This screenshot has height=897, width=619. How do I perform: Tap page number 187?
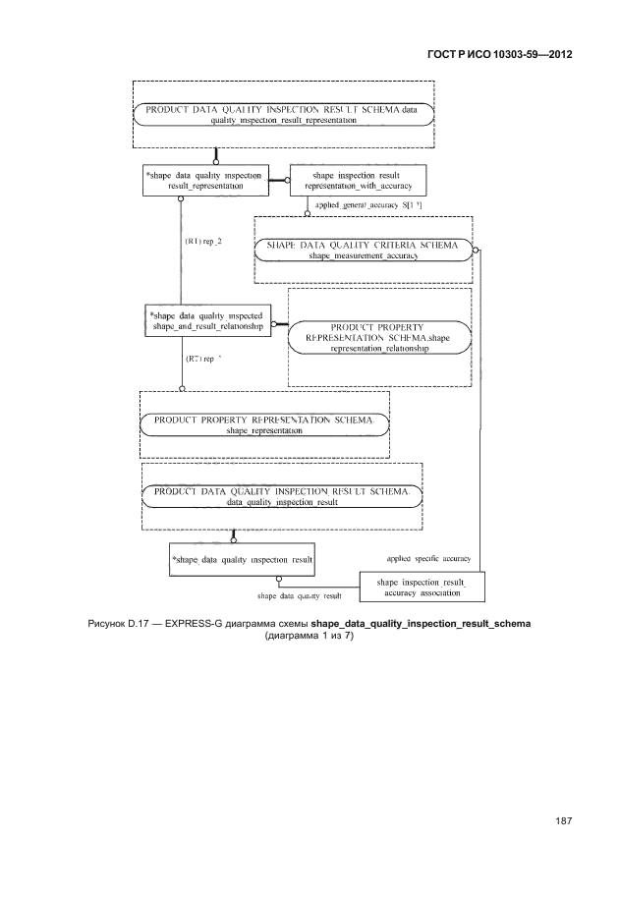pos(561,820)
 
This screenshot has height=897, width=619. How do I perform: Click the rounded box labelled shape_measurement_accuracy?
pos(364,250)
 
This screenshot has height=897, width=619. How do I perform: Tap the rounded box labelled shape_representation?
pos(264,425)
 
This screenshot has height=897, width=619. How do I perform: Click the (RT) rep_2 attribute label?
pos(202,239)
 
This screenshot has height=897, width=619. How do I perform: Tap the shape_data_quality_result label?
pos(299,595)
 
